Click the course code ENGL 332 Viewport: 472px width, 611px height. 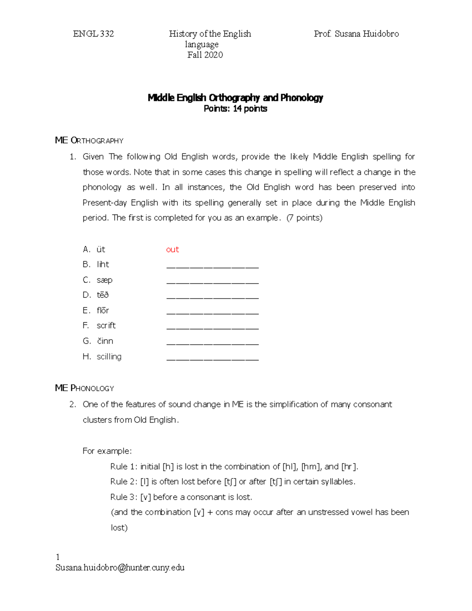tap(93, 34)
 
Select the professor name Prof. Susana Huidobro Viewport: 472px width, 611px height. tap(356, 34)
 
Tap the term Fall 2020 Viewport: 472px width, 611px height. tap(205, 55)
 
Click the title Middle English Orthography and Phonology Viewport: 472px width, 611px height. tap(235, 98)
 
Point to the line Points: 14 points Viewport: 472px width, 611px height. tap(235, 109)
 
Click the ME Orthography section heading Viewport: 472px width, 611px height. tap(89, 140)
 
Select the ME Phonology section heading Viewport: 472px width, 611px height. tap(85, 388)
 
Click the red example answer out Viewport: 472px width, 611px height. tap(172, 249)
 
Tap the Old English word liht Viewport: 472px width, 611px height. tap(103, 264)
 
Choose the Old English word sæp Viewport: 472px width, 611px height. tap(105, 280)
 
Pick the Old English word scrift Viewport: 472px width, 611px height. tap(106, 325)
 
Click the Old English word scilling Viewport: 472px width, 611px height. tap(109, 356)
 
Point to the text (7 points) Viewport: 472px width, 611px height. tap(304, 218)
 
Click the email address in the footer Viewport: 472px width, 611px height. tap(120, 567)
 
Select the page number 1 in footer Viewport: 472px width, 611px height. tap(58, 557)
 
